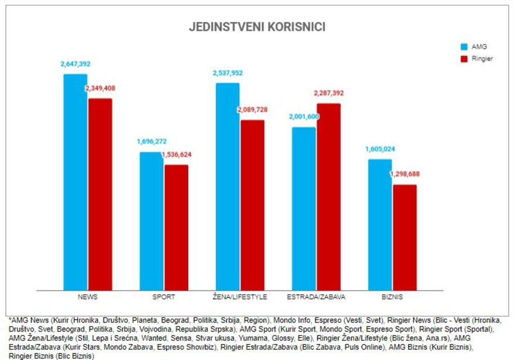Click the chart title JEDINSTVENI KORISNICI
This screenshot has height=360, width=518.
click(257, 27)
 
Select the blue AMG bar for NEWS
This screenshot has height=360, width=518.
click(75, 182)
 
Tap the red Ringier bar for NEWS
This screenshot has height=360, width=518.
click(100, 194)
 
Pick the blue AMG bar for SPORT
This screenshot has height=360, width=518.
click(151, 221)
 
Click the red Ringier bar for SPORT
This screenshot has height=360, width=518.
click(176, 227)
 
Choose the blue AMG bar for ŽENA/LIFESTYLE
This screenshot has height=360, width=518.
click(227, 186)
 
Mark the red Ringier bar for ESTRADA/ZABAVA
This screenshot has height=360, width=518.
click(328, 197)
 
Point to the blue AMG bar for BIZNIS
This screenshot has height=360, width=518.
click(380, 225)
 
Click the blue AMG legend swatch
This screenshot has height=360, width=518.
click(464, 47)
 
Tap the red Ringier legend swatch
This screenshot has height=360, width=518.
click(464, 59)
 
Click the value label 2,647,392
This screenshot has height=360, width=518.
click(76, 64)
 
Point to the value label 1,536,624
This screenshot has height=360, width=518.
click(177, 155)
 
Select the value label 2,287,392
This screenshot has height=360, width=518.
click(328, 93)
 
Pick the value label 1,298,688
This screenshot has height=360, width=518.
click(405, 175)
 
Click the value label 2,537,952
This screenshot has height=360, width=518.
click(227, 73)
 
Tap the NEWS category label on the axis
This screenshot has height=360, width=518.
click(88, 297)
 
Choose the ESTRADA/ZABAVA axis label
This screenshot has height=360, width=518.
click(316, 297)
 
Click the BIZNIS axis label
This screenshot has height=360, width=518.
click(392, 297)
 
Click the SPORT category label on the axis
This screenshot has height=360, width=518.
click(164, 297)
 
